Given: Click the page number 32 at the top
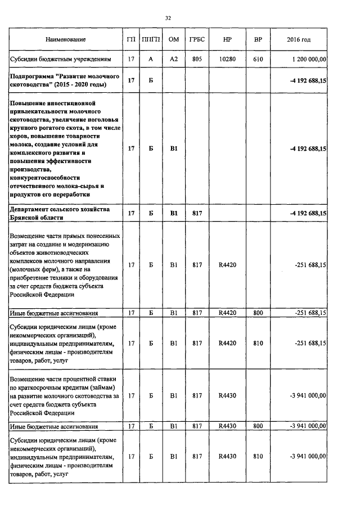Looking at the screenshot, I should tap(168, 18).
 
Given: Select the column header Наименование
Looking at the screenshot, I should tap(66, 40).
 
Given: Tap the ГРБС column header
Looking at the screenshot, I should tap(197, 40).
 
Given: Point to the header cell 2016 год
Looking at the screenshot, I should tap(298, 40).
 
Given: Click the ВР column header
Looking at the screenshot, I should tap(258, 40).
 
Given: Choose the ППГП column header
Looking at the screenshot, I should tap(151, 40).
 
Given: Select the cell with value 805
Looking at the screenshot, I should tap(197, 59).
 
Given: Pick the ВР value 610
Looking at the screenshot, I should tap(258, 59).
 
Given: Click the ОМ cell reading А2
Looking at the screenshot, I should tap(174, 59).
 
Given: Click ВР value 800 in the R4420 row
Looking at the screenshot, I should tap(258, 313).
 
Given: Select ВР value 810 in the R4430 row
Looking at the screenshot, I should tap(258, 457).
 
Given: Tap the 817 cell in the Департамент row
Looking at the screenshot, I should tap(197, 213).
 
